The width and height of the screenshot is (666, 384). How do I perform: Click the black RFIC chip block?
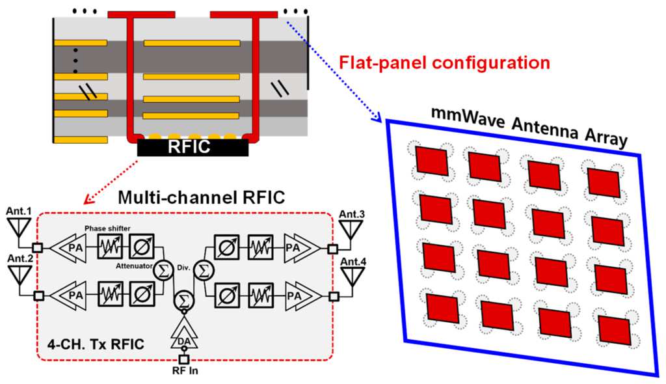pyautogui.click(x=193, y=148)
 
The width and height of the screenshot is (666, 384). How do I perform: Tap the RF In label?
pyautogui.click(x=184, y=372)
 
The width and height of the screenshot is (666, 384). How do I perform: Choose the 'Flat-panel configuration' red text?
pyautogui.click(x=446, y=63)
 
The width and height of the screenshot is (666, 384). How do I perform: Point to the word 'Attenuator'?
pyautogui.click(x=129, y=266)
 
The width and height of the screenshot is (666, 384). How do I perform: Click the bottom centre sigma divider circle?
pyautogui.click(x=184, y=301)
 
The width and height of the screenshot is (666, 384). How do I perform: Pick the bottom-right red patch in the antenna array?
pyautogui.click(x=613, y=330)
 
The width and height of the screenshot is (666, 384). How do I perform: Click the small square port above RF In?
pyautogui.click(x=184, y=359)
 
